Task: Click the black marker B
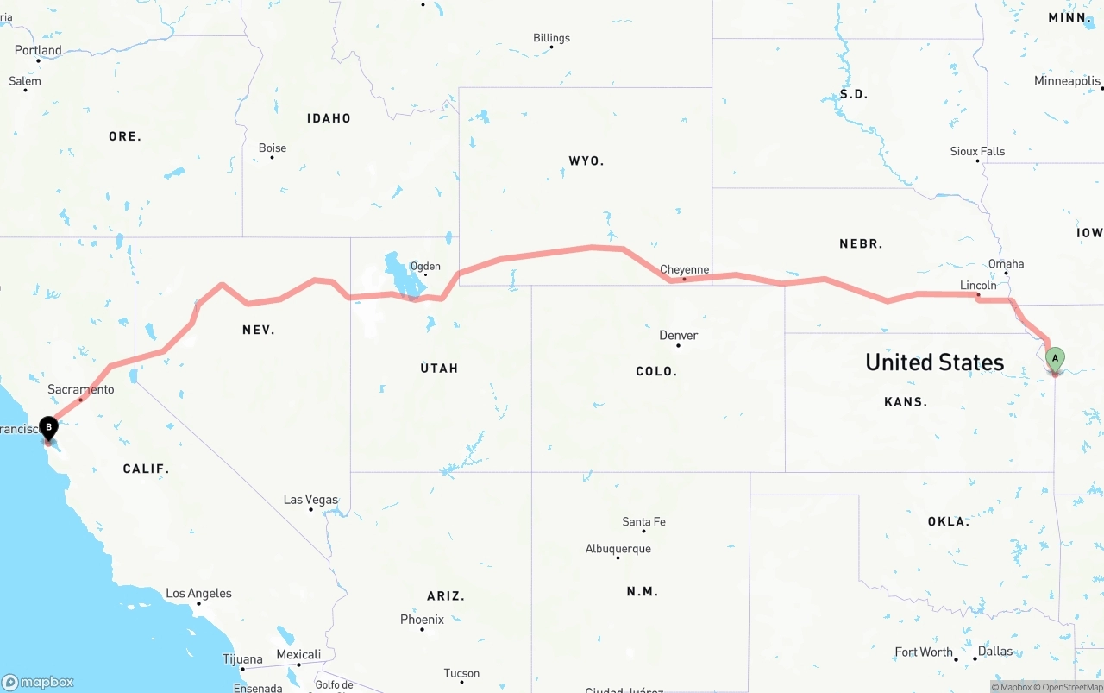point(49,426)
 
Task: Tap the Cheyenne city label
point(684,269)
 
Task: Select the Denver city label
point(678,335)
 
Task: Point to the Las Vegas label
point(310,500)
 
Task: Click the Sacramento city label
point(81,389)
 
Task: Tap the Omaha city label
point(1007,263)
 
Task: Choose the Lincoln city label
point(978,285)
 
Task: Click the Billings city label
point(551,38)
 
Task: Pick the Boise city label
point(273,148)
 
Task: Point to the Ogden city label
point(425,266)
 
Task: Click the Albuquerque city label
point(618,549)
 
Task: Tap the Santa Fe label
point(643,521)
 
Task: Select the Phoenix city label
point(422,619)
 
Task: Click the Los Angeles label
point(198,593)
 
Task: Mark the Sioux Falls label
point(977,151)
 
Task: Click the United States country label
point(934,362)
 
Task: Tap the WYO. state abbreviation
point(586,161)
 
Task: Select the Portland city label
point(38,50)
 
